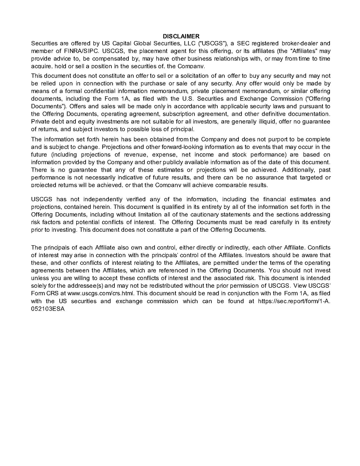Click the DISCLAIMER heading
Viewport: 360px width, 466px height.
181,36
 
